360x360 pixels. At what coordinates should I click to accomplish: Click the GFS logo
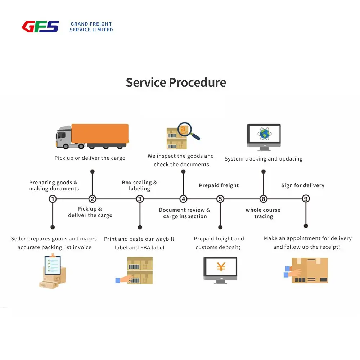pyautogui.click(x=40, y=27)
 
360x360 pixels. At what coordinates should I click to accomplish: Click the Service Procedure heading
pyautogui.click(x=176, y=82)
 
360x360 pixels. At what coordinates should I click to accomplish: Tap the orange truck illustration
pyautogui.click(x=93, y=136)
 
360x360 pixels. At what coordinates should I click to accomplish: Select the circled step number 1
pyautogui.click(x=53, y=199)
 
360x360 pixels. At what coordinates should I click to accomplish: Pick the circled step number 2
pyautogui.click(x=93, y=199)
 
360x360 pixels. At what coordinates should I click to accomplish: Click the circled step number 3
pyautogui.click(x=140, y=199)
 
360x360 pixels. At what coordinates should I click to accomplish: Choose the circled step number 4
pyautogui.click(x=183, y=199)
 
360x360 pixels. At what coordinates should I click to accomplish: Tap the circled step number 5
pyautogui.click(x=220, y=199)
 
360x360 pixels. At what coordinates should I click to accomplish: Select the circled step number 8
pyautogui.click(x=264, y=199)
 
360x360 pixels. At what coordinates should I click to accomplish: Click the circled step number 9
pyautogui.click(x=306, y=199)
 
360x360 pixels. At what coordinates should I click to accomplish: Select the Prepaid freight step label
pyautogui.click(x=219, y=185)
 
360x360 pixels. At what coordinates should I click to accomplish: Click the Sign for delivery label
pyautogui.click(x=303, y=185)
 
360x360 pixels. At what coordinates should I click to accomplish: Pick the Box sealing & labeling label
pyautogui.click(x=139, y=185)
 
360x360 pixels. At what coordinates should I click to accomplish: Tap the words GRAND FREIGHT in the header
pyautogui.click(x=91, y=24)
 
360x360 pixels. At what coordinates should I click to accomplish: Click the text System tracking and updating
pyautogui.click(x=264, y=159)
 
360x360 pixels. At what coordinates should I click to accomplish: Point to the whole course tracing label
pyautogui.click(x=263, y=213)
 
